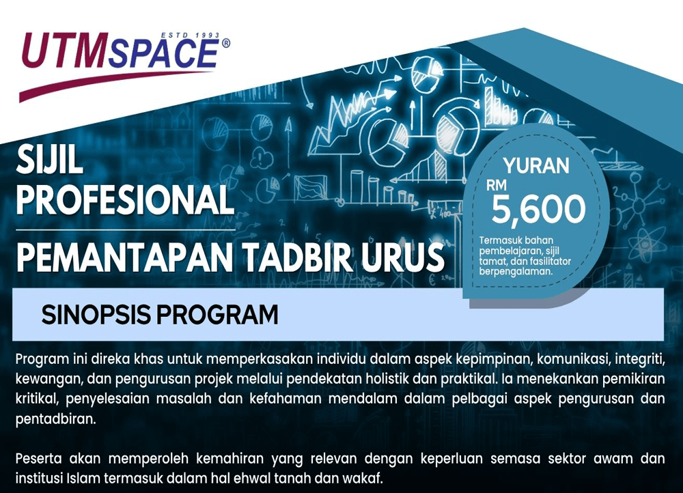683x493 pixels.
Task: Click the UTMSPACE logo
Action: [x=124, y=66]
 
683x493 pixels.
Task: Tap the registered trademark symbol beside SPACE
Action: [x=225, y=43]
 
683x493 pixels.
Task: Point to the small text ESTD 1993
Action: [x=191, y=36]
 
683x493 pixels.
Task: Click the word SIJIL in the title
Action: [x=50, y=159]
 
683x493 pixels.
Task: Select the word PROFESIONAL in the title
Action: [x=126, y=199]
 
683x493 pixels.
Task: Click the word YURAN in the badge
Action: [x=535, y=166]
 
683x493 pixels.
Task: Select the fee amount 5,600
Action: [x=538, y=209]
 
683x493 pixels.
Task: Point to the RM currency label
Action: [x=497, y=186]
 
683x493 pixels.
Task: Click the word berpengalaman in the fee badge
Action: [x=516, y=271]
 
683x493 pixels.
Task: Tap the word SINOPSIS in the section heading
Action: [x=96, y=314]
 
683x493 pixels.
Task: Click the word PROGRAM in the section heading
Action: [x=217, y=314]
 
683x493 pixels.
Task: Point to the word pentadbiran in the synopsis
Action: [x=55, y=419]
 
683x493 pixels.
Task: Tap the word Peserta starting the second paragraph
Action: [x=38, y=459]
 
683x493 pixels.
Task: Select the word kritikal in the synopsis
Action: [x=37, y=399]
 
